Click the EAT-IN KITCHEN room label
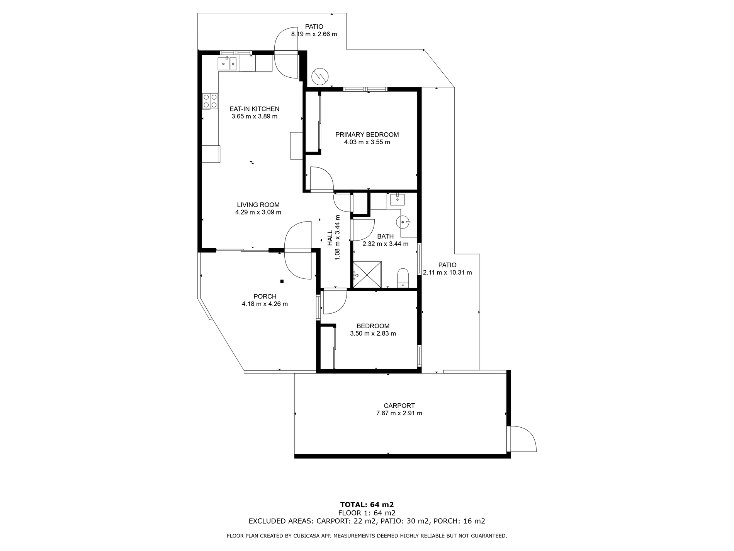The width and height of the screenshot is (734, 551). [x=254, y=109]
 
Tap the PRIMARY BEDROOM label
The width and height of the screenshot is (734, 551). [x=367, y=135]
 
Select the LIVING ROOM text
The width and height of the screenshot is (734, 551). [x=258, y=205]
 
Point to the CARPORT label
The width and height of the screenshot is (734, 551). [x=399, y=406]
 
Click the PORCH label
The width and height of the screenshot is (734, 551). [x=265, y=297]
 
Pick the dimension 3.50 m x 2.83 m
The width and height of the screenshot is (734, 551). [x=373, y=334]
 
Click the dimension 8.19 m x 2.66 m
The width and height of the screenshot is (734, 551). [x=314, y=34]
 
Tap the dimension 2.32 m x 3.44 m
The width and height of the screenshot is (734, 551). [x=385, y=244]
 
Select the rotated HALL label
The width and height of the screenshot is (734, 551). [x=330, y=238]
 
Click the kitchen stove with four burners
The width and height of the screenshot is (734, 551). [x=210, y=101]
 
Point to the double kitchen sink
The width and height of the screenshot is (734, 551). [x=227, y=63]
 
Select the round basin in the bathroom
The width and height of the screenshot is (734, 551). [x=404, y=222]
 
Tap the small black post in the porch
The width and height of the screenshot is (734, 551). [x=282, y=281]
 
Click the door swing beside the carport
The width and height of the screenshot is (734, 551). [x=522, y=438]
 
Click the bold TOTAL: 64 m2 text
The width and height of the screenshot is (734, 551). [x=367, y=504]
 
